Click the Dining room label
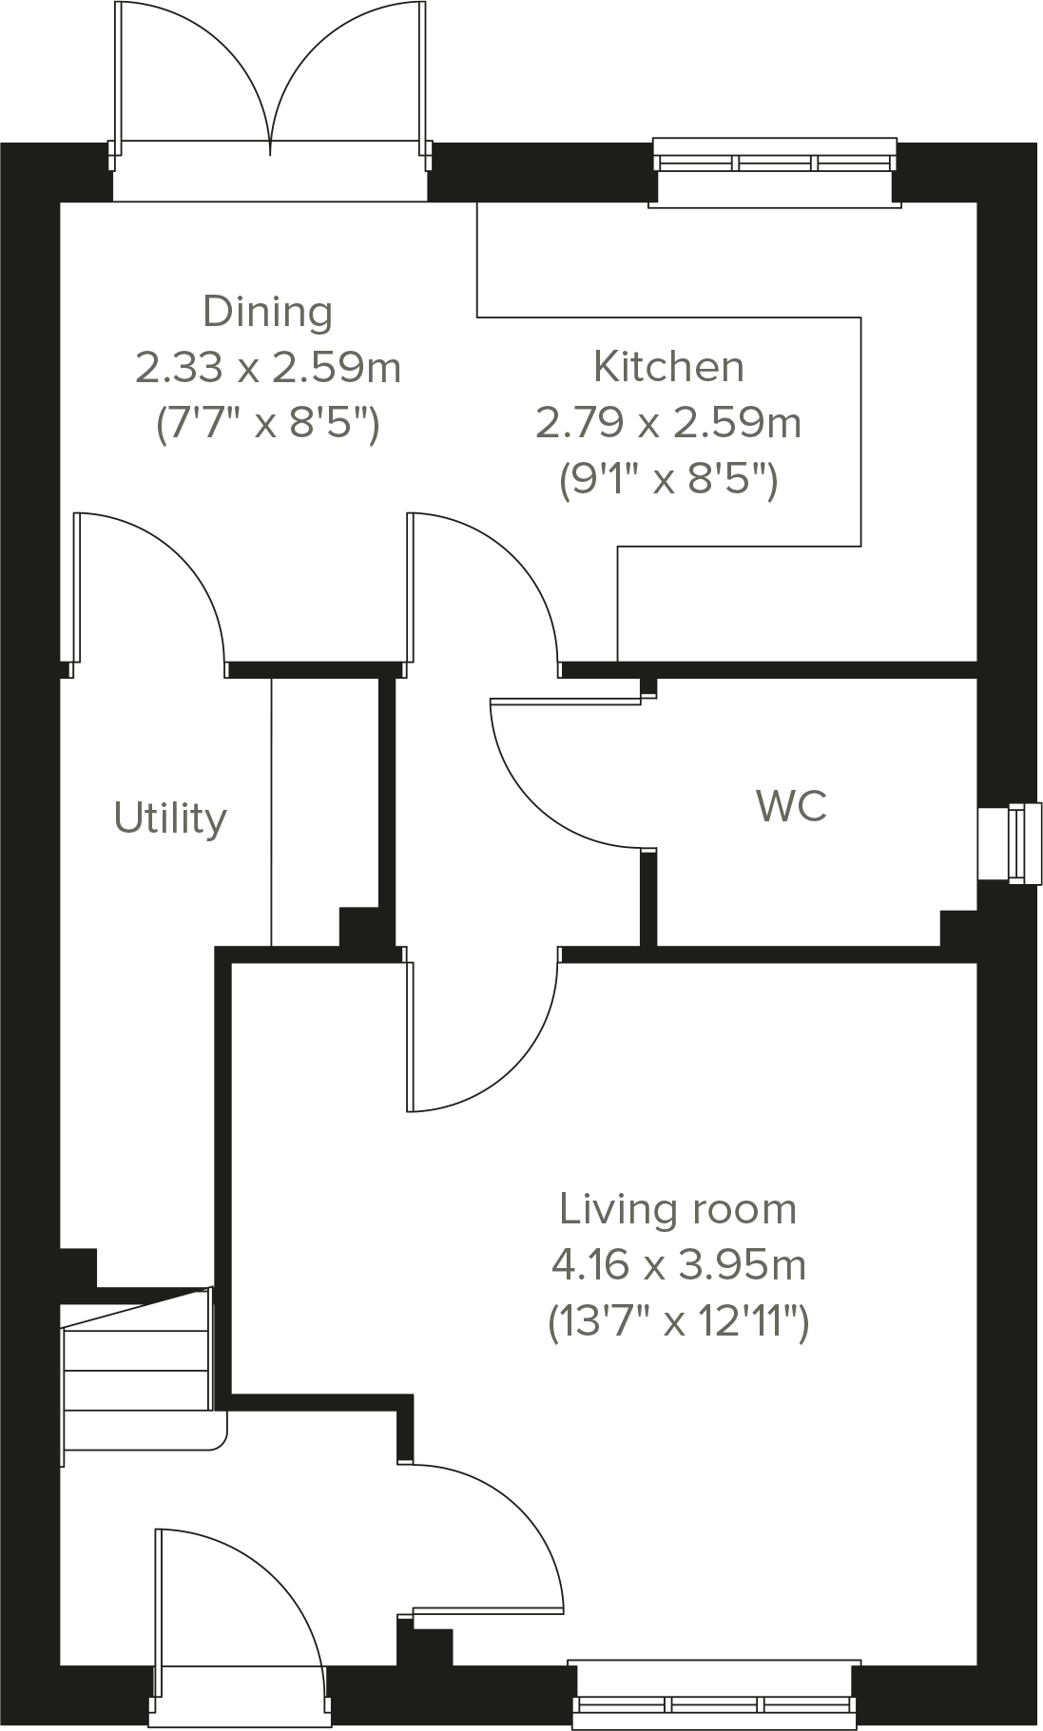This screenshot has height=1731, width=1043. pos(268,312)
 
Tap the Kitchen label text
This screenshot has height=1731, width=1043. pos(668,367)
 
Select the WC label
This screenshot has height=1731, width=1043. pos(791,806)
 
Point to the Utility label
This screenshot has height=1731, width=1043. pos(170,818)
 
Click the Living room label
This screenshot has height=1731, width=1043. pos(678,1209)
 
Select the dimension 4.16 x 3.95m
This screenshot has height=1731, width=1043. pos(678,1265)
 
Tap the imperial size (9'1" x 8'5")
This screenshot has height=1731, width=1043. pos(668,479)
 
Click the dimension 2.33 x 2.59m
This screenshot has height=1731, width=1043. pos(268,367)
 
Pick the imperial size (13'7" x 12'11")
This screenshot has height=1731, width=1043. pos(678,1321)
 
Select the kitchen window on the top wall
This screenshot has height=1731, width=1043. pos(775,162)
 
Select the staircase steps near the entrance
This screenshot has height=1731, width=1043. pos(135,1369)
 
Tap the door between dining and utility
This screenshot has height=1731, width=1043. pos(152,589)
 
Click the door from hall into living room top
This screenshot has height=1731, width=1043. pos(485,1036)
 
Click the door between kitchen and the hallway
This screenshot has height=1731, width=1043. pos(485,589)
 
